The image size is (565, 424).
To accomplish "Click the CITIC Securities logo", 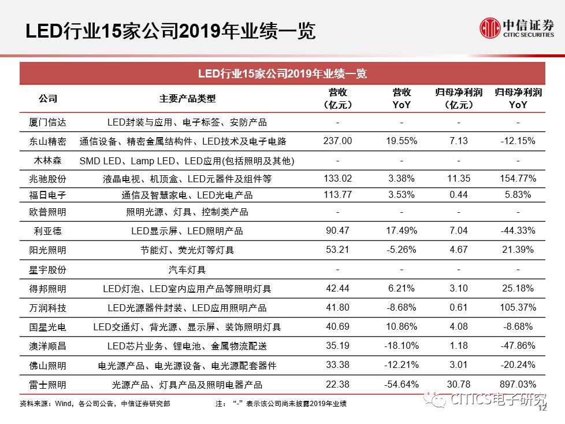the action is pyautogui.click(x=516, y=28).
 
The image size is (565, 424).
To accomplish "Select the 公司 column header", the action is pyautogui.click(x=48, y=98).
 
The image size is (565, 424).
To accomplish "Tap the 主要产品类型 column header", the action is pyautogui.click(x=187, y=98).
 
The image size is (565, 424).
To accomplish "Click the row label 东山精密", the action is pyautogui.click(x=47, y=141).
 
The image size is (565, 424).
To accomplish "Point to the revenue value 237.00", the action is pyautogui.click(x=337, y=141).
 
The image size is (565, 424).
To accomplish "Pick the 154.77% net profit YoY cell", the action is pyautogui.click(x=518, y=178).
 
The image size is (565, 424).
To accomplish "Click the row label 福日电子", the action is pyautogui.click(x=47, y=195).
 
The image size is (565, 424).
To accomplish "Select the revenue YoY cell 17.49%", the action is pyautogui.click(x=402, y=230).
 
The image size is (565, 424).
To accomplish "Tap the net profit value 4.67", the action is pyautogui.click(x=458, y=249).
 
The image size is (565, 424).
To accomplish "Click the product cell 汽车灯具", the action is pyautogui.click(x=187, y=270).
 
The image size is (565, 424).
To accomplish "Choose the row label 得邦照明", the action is pyautogui.click(x=47, y=289).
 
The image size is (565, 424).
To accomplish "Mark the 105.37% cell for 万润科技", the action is pyautogui.click(x=518, y=308).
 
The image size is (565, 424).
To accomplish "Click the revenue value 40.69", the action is pyautogui.click(x=337, y=327).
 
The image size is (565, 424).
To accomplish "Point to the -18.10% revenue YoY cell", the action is pyautogui.click(x=402, y=346).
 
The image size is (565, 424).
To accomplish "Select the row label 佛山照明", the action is pyautogui.click(x=47, y=366).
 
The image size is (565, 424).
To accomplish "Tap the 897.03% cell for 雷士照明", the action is pyautogui.click(x=518, y=384).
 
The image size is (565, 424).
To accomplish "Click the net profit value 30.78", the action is pyautogui.click(x=458, y=384).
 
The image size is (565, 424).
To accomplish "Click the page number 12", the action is pyautogui.click(x=542, y=408).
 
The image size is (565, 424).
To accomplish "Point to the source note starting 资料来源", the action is pyautogui.click(x=95, y=403).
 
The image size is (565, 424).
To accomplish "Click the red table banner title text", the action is pyautogui.click(x=282, y=73).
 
